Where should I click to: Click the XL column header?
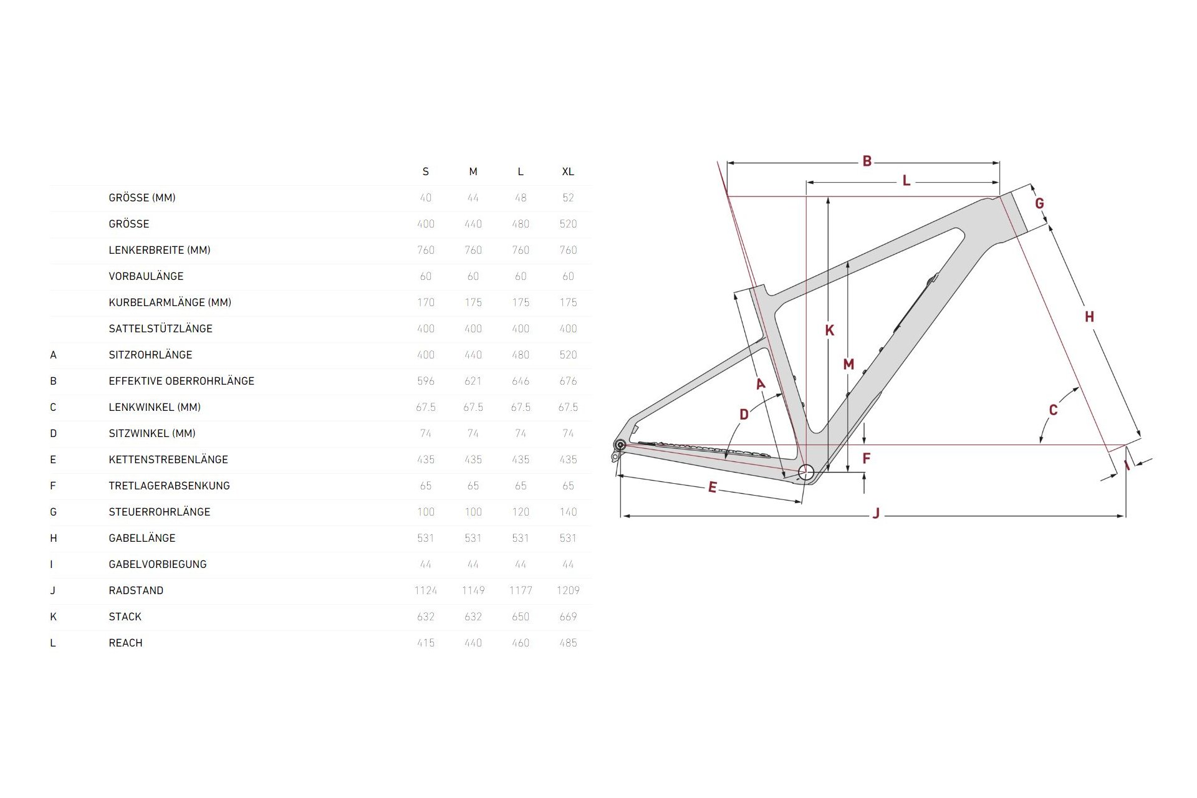tap(567, 171)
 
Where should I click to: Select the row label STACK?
tap(125, 617)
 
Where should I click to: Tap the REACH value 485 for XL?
tap(567, 643)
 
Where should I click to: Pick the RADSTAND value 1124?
tap(425, 590)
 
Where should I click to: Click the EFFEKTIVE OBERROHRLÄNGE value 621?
tap(473, 381)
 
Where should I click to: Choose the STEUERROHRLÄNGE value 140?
tap(567, 512)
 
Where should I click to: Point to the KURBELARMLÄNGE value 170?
tap(425, 302)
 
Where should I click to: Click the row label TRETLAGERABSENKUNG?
tap(169, 486)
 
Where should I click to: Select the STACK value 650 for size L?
tap(520, 617)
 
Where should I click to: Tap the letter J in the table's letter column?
tap(53, 590)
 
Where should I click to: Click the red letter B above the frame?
tap(867, 161)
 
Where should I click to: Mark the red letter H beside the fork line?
tap(1089, 317)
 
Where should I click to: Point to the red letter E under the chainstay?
tap(712, 488)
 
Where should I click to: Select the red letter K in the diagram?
tap(829, 330)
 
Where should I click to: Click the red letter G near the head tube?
tap(1039, 203)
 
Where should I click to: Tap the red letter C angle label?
tap(1053, 410)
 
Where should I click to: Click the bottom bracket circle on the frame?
tap(806, 472)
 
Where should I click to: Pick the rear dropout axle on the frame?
tap(620, 445)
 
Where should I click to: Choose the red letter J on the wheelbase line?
tap(876, 514)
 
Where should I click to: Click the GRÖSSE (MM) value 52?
tap(567, 198)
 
